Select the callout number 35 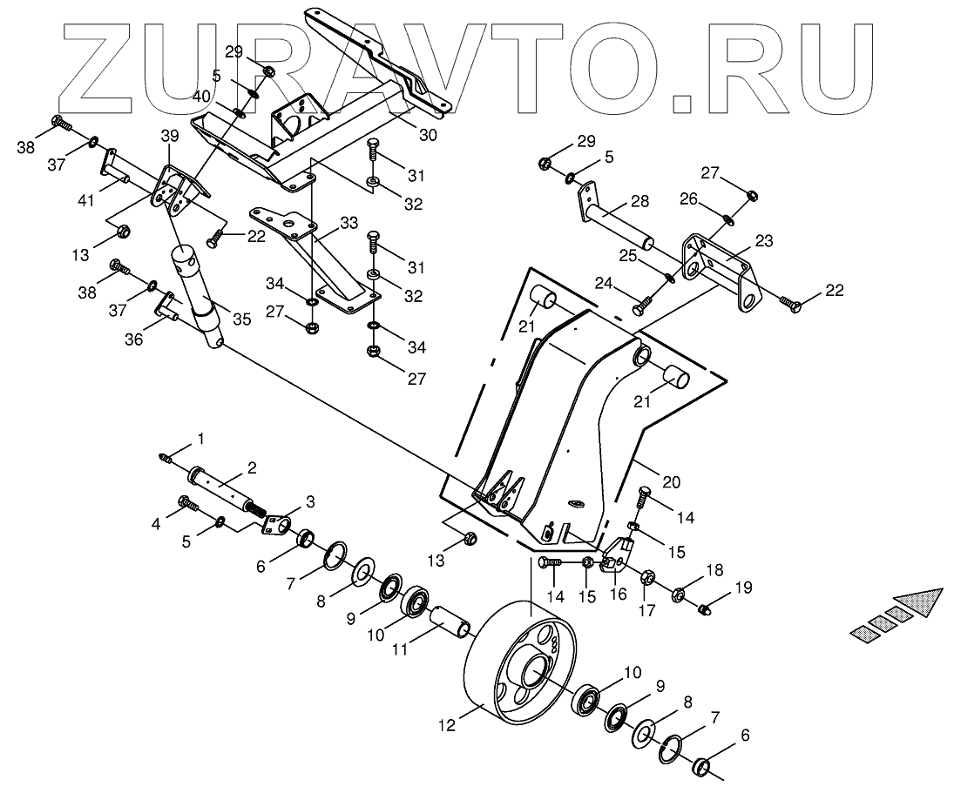coord(241,319)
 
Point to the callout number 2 coord(251,467)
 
